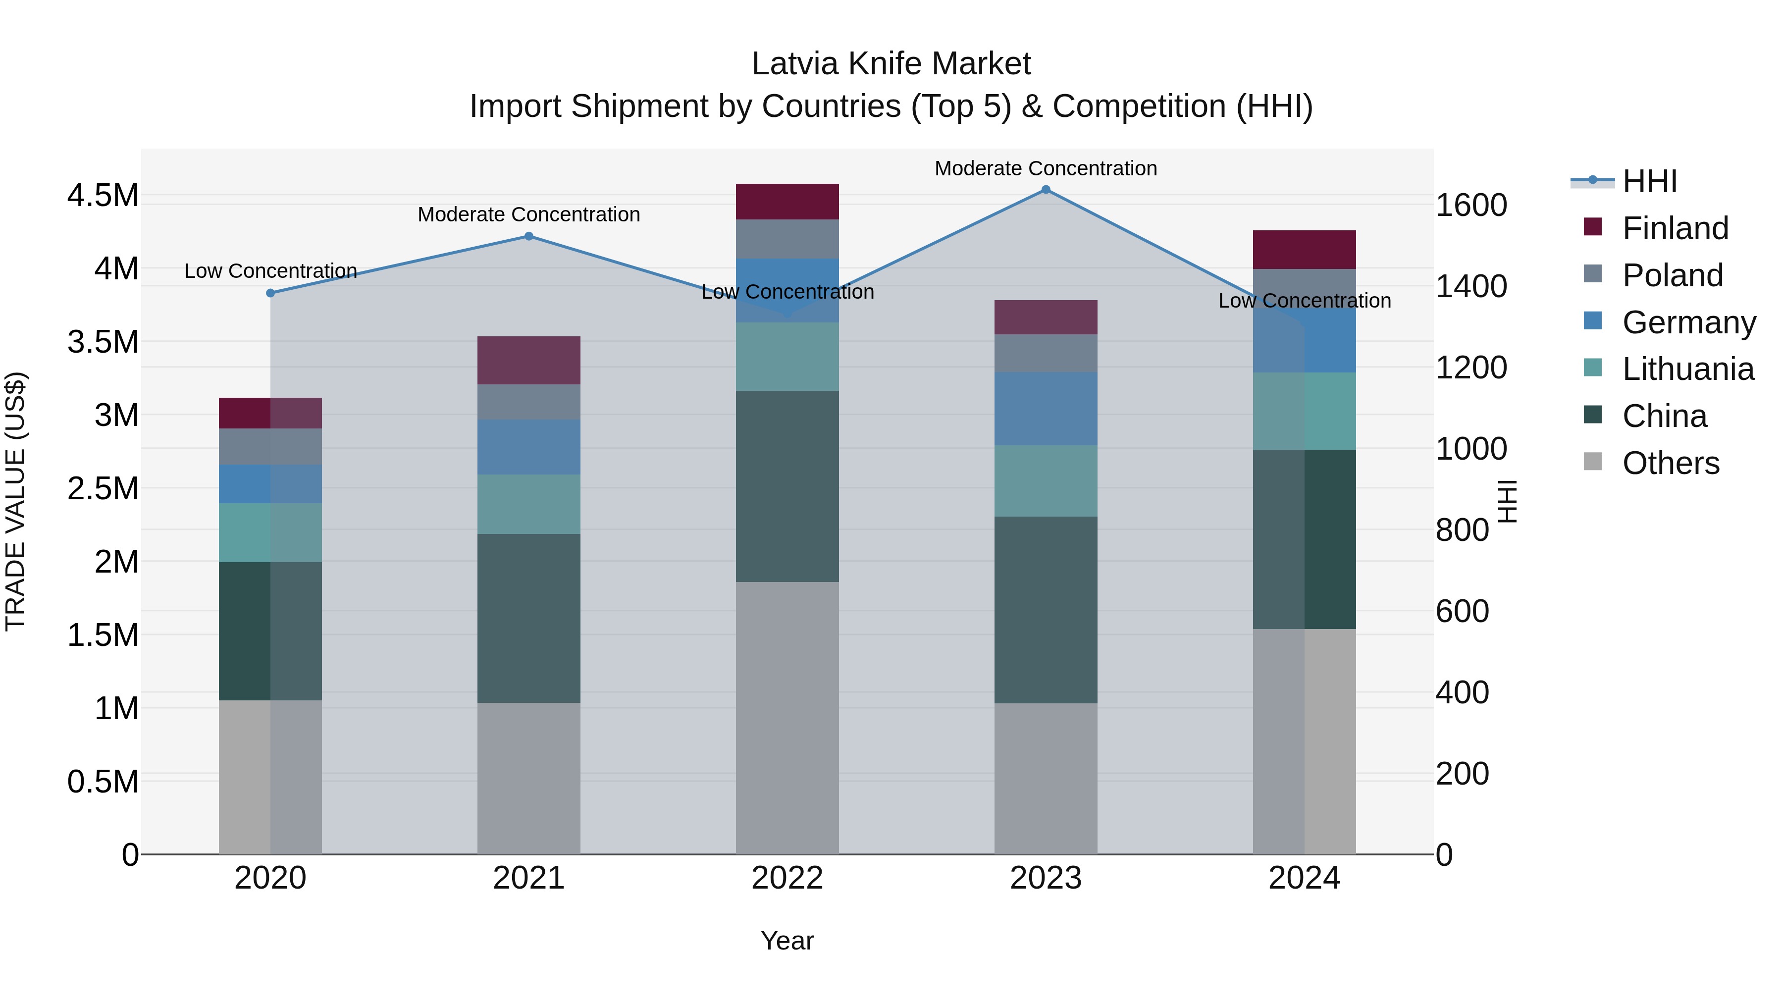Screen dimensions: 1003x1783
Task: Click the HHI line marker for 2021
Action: (x=529, y=236)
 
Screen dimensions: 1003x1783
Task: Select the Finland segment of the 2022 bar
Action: (x=787, y=202)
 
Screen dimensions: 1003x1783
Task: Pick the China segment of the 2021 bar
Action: (x=529, y=618)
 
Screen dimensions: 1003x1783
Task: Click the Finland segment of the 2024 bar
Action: (x=1304, y=249)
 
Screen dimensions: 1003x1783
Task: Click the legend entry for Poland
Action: (x=1672, y=275)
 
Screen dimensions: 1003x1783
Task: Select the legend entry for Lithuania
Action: (x=1687, y=370)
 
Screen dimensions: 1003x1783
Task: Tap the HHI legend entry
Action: (x=1649, y=181)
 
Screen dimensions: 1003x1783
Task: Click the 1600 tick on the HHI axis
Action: (x=1471, y=206)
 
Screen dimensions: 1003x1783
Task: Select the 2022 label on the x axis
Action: (x=787, y=878)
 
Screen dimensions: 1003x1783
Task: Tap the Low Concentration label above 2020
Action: (x=270, y=270)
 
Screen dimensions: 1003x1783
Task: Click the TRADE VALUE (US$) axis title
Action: (x=15, y=501)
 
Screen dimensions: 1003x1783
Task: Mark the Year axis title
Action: (x=787, y=941)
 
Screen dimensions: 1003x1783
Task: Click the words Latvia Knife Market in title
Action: (x=891, y=64)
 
